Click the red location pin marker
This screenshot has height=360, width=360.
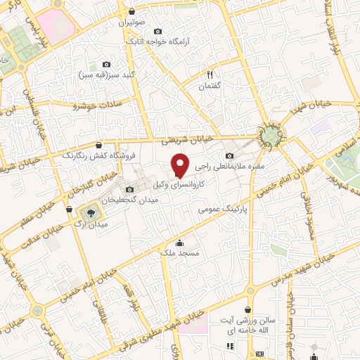[181, 165]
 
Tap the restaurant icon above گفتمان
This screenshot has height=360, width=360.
[210, 73]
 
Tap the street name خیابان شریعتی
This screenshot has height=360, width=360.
[171, 139]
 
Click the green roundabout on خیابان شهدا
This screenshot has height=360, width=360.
[267, 134]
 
